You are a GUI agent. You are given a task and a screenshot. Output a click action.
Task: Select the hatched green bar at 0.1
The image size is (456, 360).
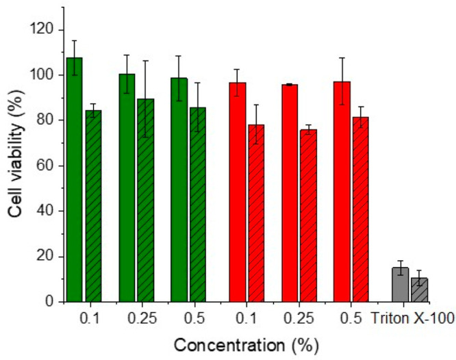coord(93,206)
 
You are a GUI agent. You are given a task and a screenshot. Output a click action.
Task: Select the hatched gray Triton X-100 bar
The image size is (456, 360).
coord(418,290)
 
